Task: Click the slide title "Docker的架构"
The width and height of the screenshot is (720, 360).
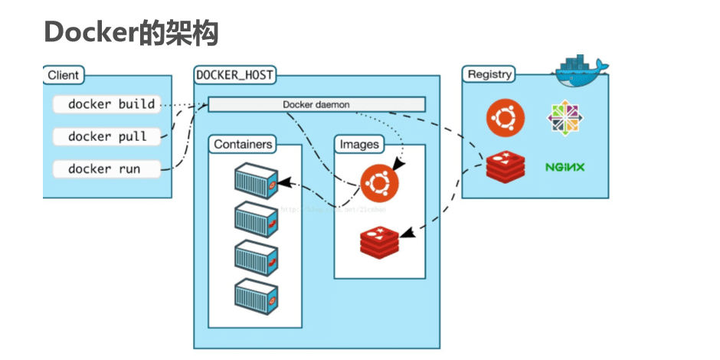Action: click(131, 33)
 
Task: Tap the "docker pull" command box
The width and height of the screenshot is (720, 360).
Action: click(107, 136)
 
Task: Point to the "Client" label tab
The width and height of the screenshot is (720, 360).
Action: click(64, 75)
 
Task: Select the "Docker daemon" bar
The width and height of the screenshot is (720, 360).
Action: click(316, 104)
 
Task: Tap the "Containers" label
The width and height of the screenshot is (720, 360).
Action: click(243, 144)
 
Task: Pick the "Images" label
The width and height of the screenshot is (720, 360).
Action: click(358, 144)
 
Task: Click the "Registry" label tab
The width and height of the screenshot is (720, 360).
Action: click(489, 74)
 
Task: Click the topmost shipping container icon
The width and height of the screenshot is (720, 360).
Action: click(257, 179)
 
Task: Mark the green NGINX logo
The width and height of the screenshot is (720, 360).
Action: click(565, 165)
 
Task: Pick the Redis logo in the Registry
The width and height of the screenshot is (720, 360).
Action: click(506, 165)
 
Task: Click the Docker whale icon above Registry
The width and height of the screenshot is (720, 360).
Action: click(581, 69)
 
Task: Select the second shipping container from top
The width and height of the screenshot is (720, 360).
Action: click(257, 219)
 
